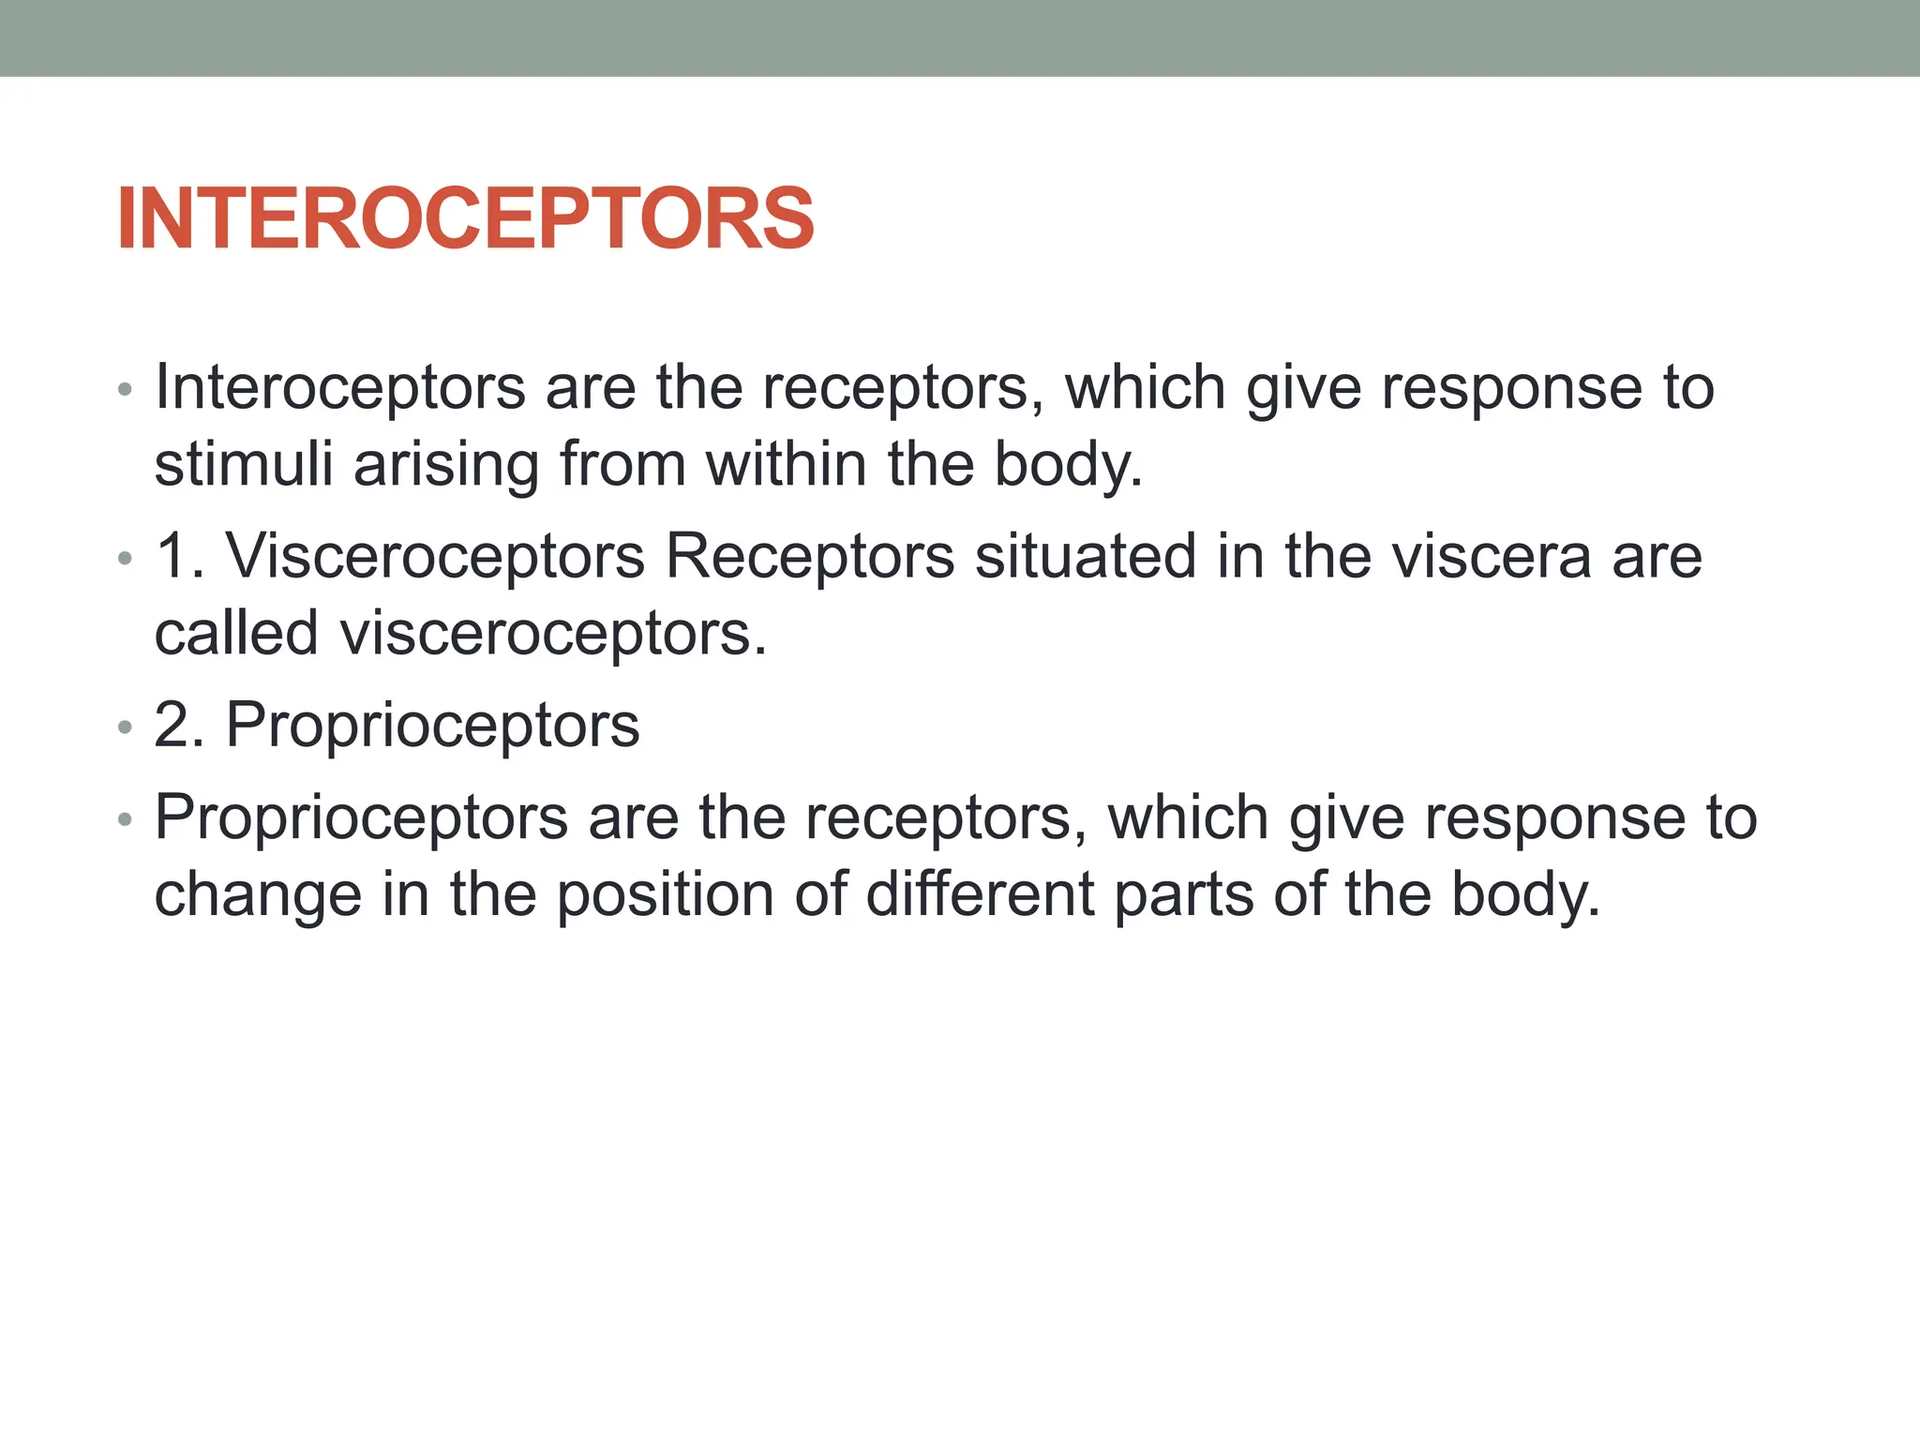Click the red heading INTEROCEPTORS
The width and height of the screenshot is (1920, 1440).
click(x=465, y=218)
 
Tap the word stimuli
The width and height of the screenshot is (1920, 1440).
click(x=243, y=464)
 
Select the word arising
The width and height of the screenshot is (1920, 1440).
click(x=446, y=466)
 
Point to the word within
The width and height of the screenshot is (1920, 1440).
click(x=786, y=464)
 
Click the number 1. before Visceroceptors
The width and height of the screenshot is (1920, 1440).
click(x=178, y=556)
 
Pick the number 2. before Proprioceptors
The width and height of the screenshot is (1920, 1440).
click(x=178, y=725)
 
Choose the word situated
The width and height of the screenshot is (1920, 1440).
click(x=1085, y=556)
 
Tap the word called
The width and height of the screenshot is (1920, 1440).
click(x=236, y=633)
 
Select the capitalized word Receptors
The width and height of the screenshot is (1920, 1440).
click(x=809, y=556)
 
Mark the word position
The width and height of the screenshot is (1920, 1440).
click(x=666, y=895)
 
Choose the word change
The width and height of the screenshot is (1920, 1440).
click(x=258, y=895)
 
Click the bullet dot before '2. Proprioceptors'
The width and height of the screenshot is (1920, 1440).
click(x=126, y=727)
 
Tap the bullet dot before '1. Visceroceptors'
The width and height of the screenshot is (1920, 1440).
click(x=126, y=559)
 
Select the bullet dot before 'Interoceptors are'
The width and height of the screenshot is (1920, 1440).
click(x=126, y=390)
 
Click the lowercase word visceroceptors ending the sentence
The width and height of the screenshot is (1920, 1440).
click(x=553, y=635)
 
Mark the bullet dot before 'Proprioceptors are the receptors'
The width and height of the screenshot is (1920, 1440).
click(x=126, y=820)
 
